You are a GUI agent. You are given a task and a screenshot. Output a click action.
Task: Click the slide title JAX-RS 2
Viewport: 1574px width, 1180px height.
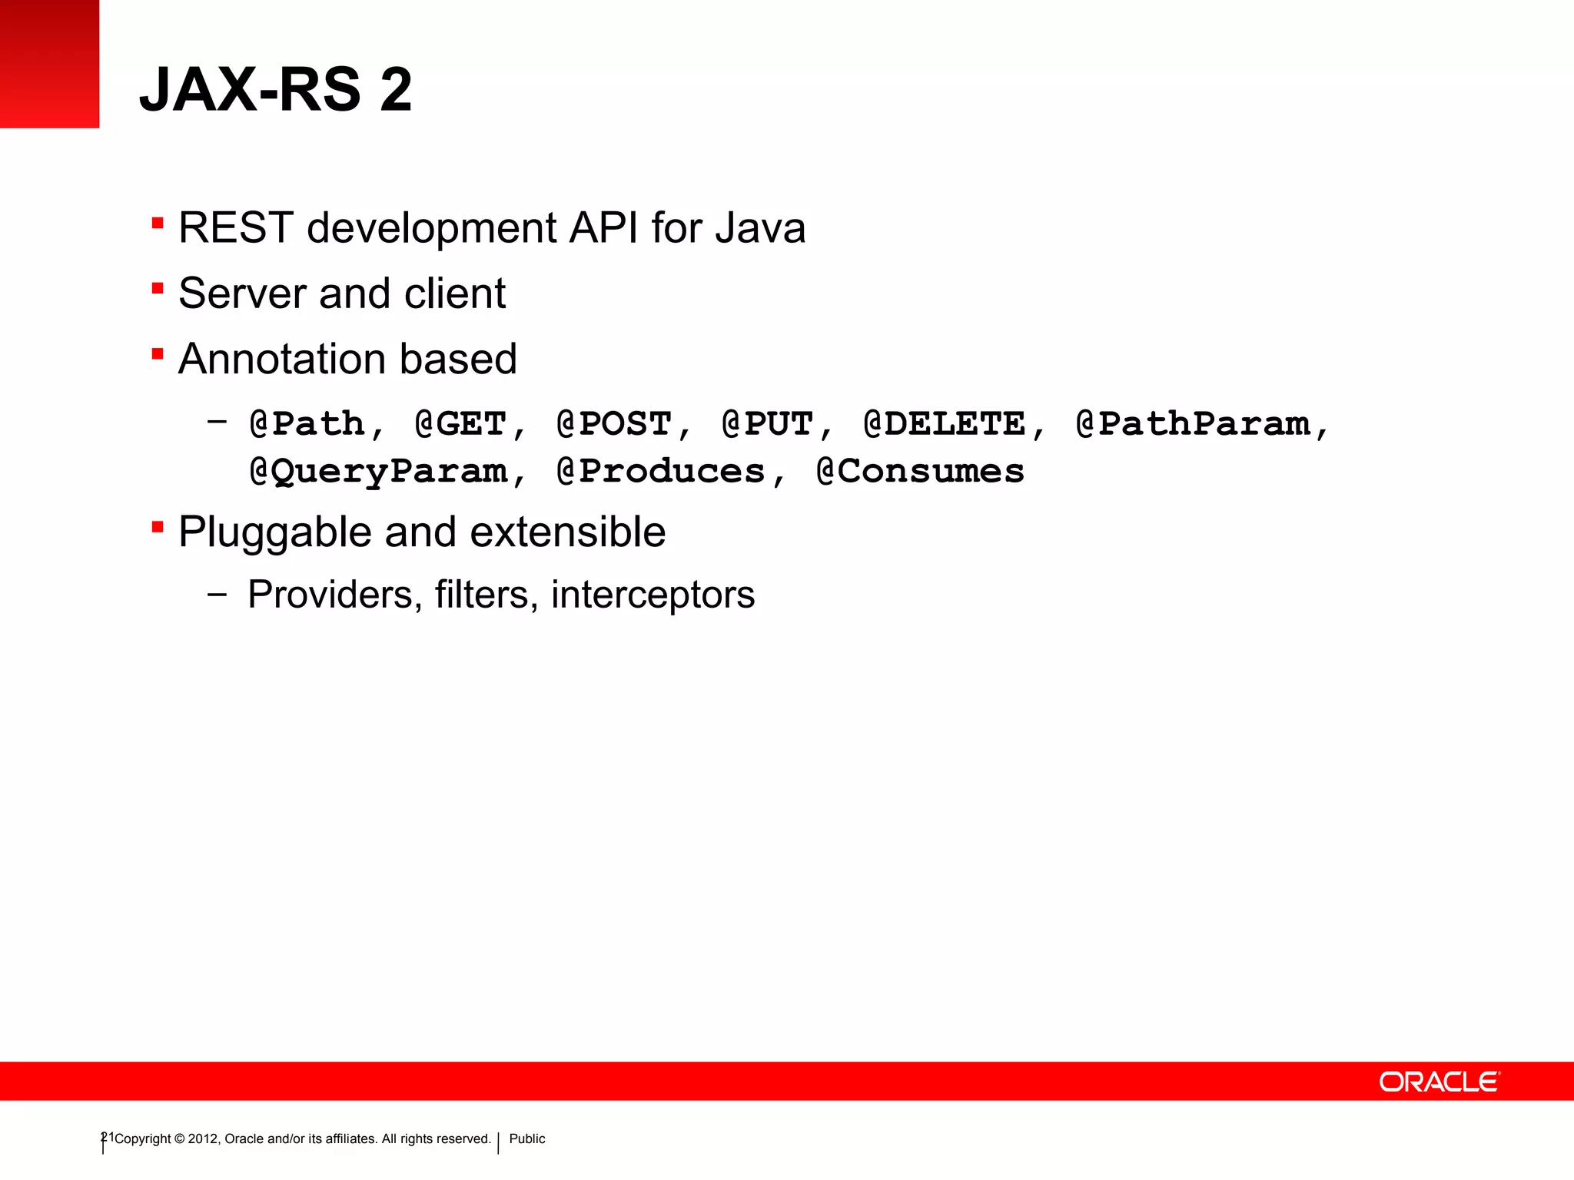275,89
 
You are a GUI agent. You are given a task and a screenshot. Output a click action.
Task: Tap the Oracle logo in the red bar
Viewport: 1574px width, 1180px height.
1439,1082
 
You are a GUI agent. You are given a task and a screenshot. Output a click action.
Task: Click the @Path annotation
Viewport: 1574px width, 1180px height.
307,424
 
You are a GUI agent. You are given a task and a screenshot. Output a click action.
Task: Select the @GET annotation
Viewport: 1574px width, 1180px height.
460,424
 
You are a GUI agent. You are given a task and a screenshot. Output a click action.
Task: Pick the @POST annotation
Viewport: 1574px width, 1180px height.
614,424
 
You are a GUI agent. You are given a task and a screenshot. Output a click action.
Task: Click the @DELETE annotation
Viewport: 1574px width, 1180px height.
945,424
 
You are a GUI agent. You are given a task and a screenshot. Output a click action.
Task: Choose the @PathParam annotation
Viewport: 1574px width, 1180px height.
1193,424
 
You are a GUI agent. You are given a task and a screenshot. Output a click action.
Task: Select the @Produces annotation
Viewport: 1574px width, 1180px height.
661,472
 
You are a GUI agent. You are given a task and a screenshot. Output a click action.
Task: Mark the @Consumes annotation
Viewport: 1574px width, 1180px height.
920,472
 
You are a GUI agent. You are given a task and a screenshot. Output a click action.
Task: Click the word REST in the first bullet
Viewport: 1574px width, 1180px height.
236,228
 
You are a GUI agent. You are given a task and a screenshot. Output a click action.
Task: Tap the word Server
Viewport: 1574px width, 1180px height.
242,293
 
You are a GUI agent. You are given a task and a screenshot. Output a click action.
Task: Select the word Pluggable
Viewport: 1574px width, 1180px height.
275,532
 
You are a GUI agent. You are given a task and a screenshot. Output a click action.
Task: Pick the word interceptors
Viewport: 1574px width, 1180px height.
653,595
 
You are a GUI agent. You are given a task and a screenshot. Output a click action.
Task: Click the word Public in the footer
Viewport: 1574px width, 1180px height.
527,1139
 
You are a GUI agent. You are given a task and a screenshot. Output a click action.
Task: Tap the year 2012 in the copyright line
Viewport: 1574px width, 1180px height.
203,1139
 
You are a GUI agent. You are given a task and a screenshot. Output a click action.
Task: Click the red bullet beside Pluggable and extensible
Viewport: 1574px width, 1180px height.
158,528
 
